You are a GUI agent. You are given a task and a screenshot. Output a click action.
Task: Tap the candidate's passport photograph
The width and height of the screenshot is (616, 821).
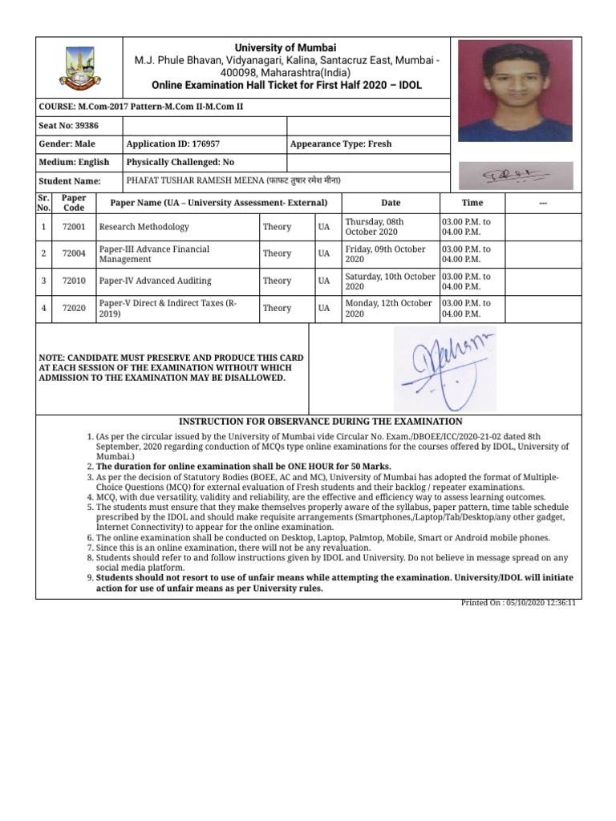515,91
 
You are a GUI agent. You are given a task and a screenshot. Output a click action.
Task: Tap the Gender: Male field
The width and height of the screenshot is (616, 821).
67,144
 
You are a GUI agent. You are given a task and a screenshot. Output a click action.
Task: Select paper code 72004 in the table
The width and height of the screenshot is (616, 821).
75,254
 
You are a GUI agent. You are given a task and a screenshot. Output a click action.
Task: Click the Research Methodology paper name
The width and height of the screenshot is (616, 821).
144,227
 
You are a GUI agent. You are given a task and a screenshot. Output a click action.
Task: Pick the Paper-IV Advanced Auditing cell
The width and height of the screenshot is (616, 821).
155,281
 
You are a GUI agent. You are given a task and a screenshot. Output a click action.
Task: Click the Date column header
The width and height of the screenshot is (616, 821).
391,203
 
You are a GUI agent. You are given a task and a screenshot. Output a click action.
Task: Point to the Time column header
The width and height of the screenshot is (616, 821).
472,203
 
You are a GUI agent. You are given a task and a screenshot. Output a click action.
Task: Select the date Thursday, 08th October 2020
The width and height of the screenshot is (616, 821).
375,227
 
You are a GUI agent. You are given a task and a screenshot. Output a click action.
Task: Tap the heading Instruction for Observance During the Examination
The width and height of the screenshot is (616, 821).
320,421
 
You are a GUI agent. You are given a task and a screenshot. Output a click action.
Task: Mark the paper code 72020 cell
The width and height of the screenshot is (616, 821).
75,309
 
